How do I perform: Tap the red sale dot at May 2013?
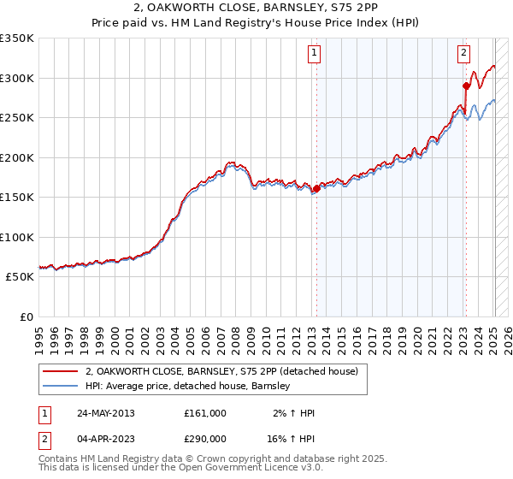(x=316, y=188)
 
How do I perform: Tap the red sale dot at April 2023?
(x=466, y=86)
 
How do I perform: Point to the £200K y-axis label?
(x=17, y=157)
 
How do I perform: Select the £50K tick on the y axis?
(x=20, y=277)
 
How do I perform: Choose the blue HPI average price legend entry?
(x=188, y=386)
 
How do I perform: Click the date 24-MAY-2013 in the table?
(x=105, y=413)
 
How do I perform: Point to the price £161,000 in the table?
(x=204, y=413)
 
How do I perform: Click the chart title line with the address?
(x=256, y=9)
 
